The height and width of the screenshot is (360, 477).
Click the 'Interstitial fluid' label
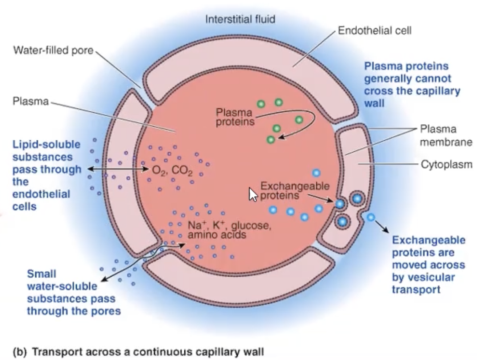coord(240,19)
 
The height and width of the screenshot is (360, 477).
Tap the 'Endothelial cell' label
coord(374,31)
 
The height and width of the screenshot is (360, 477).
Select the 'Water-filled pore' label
coord(53,50)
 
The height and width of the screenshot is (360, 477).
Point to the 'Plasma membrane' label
coord(446,135)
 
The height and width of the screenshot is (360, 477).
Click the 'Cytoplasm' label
coord(446,164)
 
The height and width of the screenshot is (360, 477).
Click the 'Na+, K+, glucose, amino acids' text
coord(229,230)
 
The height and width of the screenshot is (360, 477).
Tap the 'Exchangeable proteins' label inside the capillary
coord(294,191)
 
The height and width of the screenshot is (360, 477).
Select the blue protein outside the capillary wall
coord(370,217)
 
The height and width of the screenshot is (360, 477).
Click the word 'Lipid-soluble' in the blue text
coord(46,144)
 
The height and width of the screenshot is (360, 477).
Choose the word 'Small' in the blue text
coord(41,273)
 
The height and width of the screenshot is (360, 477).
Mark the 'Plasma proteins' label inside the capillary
coord(235,117)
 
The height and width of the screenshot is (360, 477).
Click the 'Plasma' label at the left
coord(31,101)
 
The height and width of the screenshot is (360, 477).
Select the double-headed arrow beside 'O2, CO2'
coord(119,169)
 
